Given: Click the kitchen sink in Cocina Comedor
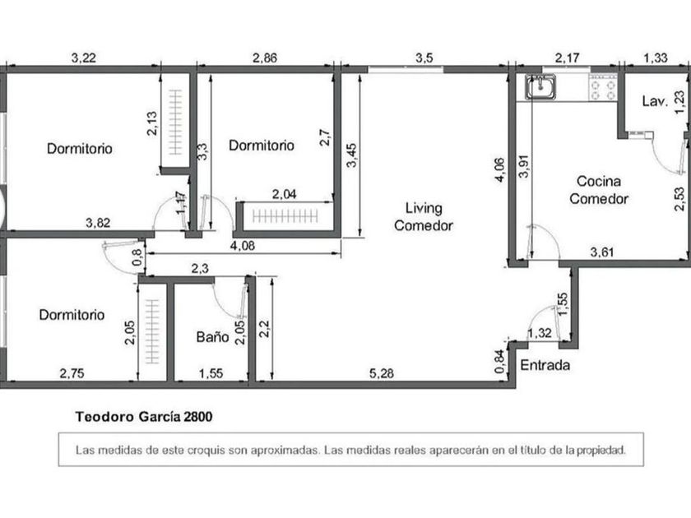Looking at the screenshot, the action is (x=540, y=86).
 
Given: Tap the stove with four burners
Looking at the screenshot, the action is (x=603, y=88).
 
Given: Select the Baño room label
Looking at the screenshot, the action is (x=212, y=337).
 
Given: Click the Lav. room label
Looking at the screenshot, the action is (x=655, y=101).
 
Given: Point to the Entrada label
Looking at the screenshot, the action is (x=545, y=365).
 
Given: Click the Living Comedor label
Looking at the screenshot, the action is (x=424, y=217).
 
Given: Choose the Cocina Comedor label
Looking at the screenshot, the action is (x=599, y=190).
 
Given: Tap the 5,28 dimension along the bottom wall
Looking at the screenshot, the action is (x=382, y=373).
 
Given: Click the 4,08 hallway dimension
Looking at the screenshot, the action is (x=243, y=246).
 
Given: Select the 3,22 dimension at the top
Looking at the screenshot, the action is (x=84, y=58).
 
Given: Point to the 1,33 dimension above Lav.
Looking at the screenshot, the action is (x=656, y=58).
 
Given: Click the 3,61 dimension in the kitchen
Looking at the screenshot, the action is (x=602, y=252).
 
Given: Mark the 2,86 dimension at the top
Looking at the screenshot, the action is (x=265, y=58).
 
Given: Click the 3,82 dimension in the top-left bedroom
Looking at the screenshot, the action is (x=98, y=223).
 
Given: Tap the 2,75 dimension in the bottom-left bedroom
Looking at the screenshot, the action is (x=72, y=373).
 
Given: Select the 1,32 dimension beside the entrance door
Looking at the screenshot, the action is (x=540, y=333).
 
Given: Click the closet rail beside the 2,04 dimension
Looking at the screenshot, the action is (x=285, y=216).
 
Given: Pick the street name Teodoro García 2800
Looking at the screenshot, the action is (x=144, y=417).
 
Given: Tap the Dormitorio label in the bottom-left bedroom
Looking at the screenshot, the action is (x=72, y=314).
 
